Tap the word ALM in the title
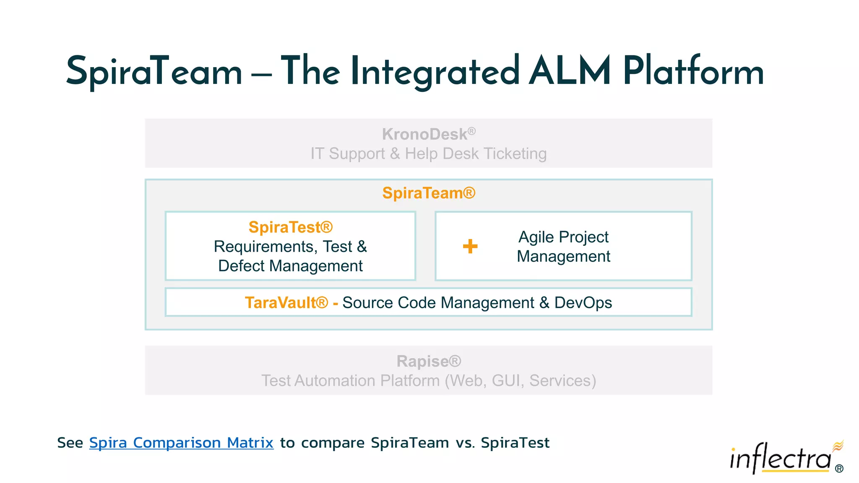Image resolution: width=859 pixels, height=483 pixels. click(x=570, y=71)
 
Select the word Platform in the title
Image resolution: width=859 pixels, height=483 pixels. click(x=693, y=71)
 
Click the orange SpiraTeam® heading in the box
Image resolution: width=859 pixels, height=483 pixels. click(x=429, y=193)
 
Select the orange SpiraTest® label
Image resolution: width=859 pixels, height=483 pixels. click(x=290, y=227)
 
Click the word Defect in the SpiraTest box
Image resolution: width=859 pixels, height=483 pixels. click(x=241, y=266)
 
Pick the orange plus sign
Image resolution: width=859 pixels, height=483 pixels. click(x=470, y=246)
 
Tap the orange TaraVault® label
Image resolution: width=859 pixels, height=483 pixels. click(x=286, y=303)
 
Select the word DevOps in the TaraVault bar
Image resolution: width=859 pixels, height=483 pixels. click(x=583, y=303)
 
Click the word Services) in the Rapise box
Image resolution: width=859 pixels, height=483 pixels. click(x=562, y=381)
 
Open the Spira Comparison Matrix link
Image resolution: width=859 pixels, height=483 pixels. click(x=181, y=443)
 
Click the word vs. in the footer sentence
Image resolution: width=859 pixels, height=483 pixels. click(x=466, y=443)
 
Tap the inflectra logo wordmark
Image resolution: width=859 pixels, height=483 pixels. click(x=780, y=459)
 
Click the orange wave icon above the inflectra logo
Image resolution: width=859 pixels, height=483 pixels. click(x=838, y=446)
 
